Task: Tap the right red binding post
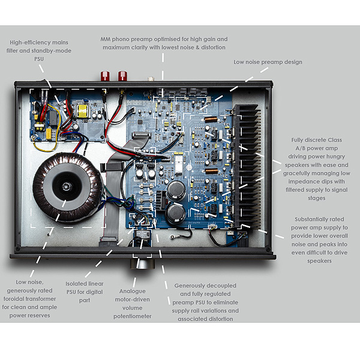click(122, 76)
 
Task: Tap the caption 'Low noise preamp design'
click(268, 62)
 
